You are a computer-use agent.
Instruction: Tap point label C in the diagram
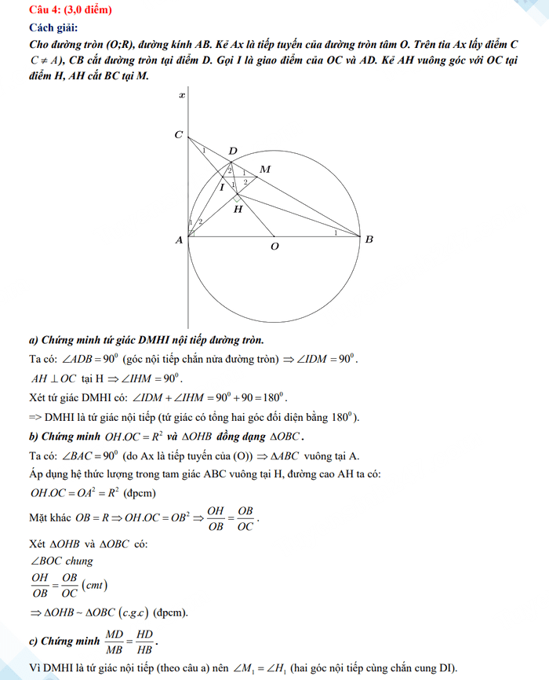(178, 135)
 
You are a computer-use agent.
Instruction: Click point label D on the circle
(232, 151)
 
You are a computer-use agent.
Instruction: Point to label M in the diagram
(264, 170)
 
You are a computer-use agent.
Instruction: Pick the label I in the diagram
(221, 188)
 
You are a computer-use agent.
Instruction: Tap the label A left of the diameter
(179, 240)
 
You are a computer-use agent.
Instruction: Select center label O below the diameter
(274, 247)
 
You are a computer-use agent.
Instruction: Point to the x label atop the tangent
(182, 96)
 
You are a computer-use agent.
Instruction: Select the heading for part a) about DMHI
(146, 340)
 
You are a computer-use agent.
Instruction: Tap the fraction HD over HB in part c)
(145, 642)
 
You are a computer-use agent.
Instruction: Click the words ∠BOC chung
(62, 561)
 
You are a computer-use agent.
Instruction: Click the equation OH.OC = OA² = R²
(80, 493)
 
